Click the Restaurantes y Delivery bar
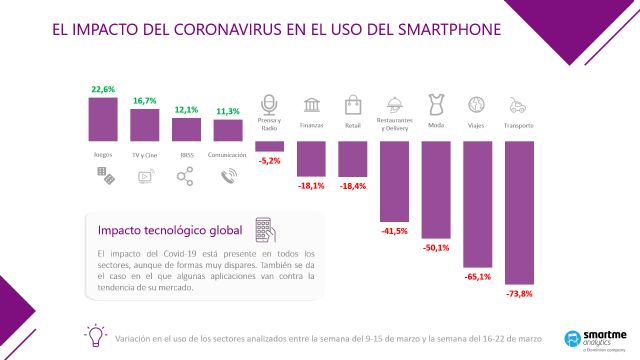pos(393,180)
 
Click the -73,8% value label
pos(518,293)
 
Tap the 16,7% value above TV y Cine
pos(144,101)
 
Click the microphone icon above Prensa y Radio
pos(268,104)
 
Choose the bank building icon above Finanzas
pos(310,105)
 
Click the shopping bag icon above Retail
pos(352,104)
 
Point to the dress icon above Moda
pos(435,103)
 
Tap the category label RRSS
pos(185,155)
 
